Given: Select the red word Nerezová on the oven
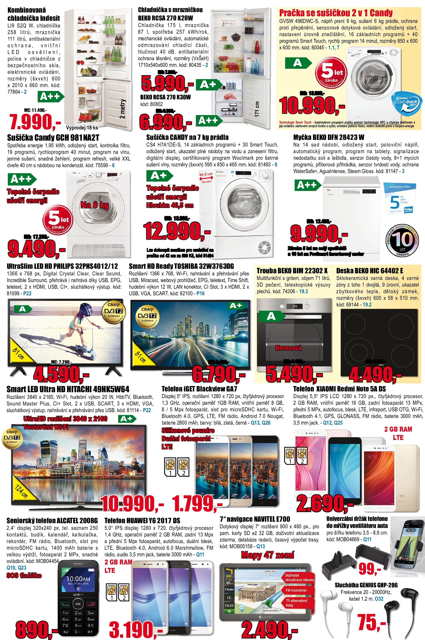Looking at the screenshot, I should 288,348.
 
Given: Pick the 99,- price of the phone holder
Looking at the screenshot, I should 370,569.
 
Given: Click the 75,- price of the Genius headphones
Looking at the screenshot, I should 371,622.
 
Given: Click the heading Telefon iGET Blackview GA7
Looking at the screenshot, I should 199,389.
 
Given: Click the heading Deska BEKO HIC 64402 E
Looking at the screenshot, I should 370,270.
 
